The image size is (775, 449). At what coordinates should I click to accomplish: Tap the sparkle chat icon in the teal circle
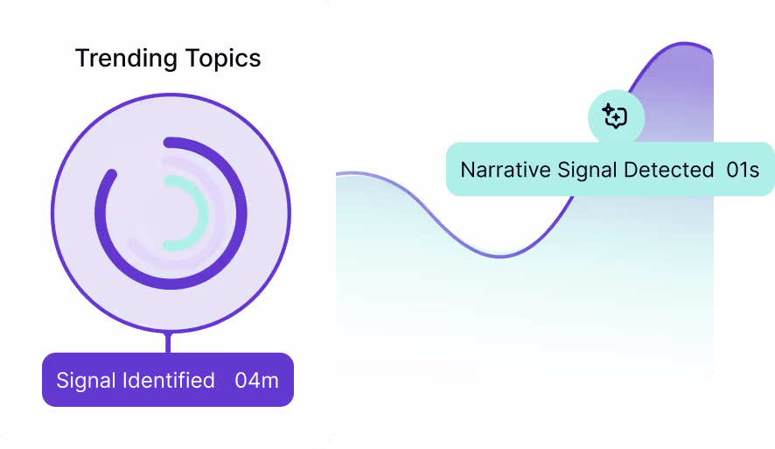click(616, 116)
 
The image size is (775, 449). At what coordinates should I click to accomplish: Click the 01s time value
click(743, 169)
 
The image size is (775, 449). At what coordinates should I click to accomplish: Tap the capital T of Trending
click(81, 59)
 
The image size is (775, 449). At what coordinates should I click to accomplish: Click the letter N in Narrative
click(467, 169)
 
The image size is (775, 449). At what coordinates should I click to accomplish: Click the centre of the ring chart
click(171, 213)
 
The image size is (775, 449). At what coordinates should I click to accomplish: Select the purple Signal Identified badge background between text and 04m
click(225, 380)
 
